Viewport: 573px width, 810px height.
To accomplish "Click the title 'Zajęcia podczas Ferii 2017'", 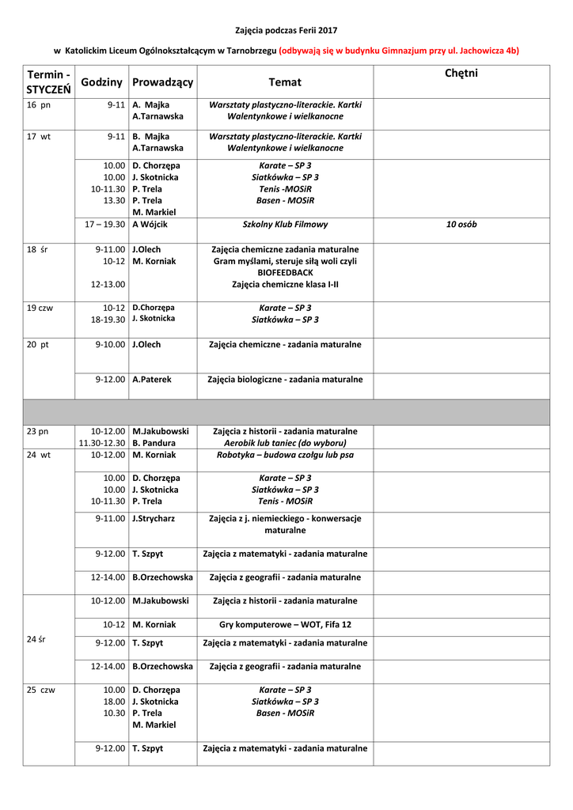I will coord(286,30).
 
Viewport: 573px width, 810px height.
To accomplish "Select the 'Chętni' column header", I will coord(461,74).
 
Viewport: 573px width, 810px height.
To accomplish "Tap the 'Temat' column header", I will coord(285,81).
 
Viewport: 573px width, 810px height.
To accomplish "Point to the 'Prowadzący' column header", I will coord(162,82).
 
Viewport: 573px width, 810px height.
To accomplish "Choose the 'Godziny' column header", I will coord(101,82).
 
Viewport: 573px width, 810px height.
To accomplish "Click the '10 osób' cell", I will coord(461,225).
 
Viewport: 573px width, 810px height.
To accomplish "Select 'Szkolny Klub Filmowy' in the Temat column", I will coord(285,225).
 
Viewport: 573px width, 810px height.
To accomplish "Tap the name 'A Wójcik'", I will coord(150,225).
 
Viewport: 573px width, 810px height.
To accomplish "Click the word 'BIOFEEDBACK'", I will coord(285,273).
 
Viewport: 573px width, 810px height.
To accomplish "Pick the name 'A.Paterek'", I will coord(151,380).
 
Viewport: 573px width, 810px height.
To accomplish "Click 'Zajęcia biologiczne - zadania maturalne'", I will coord(285,380).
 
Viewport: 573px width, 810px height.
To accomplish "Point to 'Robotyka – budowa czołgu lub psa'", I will coord(285,455).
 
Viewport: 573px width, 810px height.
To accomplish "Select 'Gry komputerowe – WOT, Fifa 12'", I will coord(285,625).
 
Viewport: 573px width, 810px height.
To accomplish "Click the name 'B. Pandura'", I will coord(154,443).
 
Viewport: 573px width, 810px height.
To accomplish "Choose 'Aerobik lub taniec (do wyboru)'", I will coord(285,443).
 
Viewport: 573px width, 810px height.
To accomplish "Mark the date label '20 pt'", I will coord(38,345).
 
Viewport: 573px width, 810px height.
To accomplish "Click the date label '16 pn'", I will coord(38,104).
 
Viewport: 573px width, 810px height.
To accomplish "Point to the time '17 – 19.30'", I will coord(105,225).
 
